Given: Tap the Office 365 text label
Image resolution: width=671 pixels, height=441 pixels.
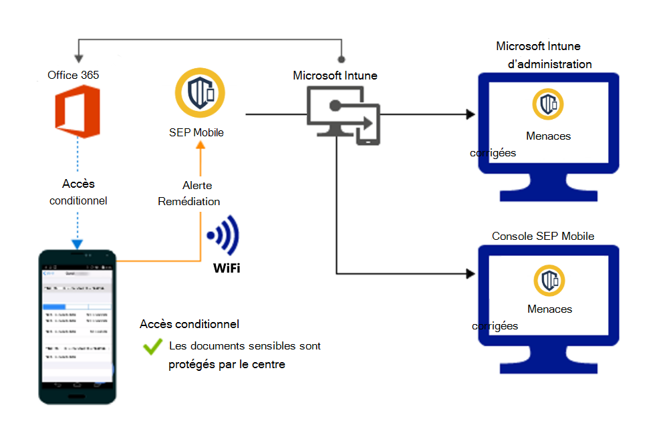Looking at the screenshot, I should click(x=74, y=75).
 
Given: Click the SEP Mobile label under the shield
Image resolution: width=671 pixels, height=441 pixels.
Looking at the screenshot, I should click(x=196, y=132).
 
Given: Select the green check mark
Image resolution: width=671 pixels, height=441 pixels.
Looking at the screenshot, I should click(x=153, y=346).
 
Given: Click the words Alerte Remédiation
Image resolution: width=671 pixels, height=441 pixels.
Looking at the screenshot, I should click(x=189, y=193).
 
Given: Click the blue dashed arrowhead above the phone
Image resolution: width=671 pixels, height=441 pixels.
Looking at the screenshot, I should click(x=78, y=243).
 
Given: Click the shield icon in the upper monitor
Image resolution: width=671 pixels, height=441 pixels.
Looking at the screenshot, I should click(x=548, y=104).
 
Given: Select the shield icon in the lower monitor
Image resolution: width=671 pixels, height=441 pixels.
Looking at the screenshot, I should click(x=549, y=281).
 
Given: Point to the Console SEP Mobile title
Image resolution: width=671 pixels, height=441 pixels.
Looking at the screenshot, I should click(x=543, y=237).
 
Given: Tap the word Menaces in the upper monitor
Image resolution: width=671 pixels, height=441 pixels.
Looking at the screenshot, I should click(x=549, y=136).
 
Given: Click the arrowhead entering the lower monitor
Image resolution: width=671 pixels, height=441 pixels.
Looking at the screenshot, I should click(x=471, y=273).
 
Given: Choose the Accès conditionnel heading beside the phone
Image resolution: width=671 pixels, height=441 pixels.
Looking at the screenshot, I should click(x=190, y=324).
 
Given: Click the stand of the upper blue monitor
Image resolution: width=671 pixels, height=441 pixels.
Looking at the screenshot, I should click(x=548, y=186).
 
